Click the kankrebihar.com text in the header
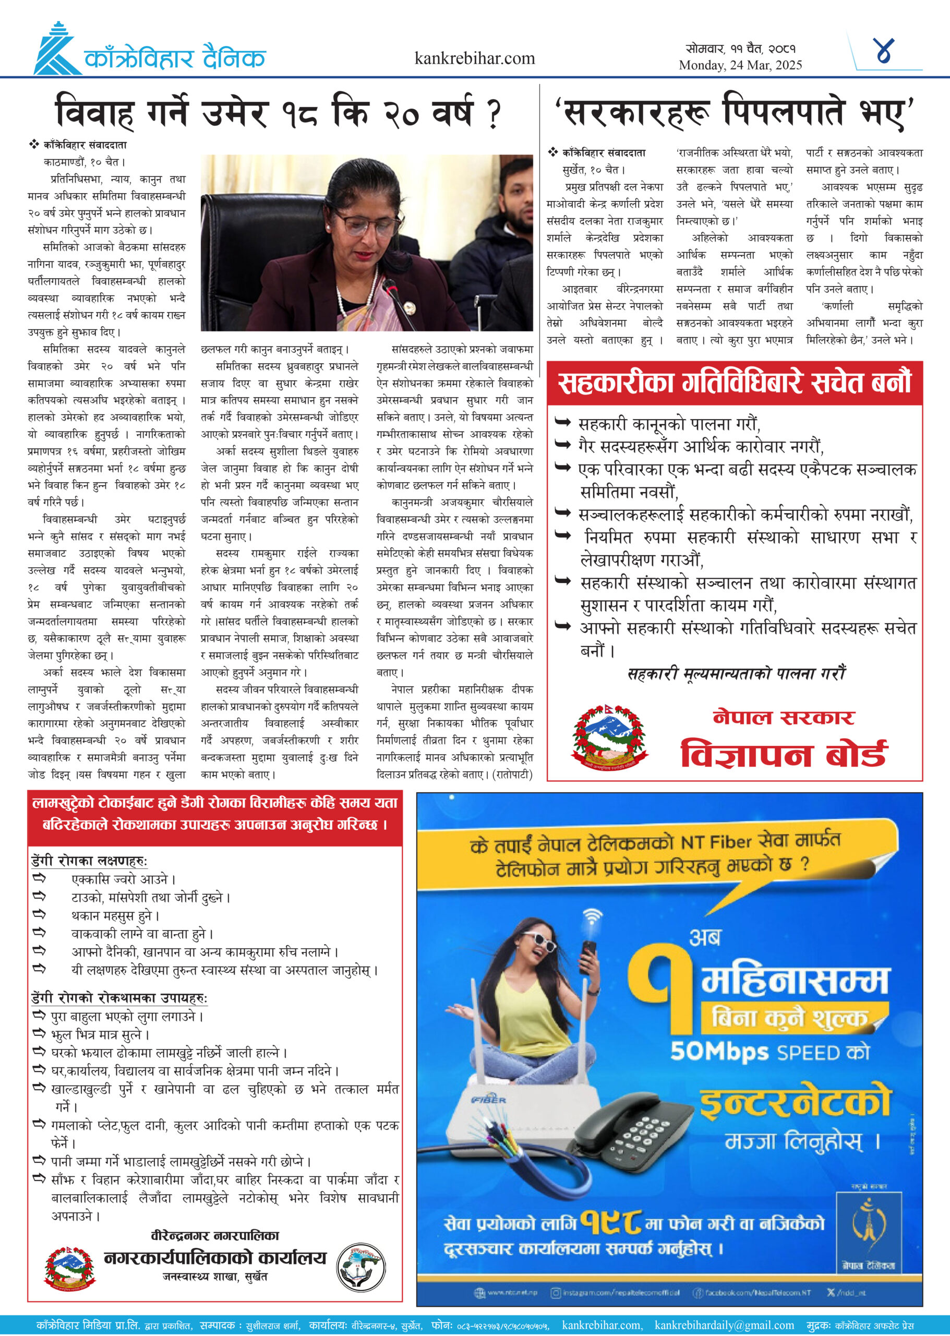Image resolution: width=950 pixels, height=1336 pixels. pyautogui.click(x=474, y=58)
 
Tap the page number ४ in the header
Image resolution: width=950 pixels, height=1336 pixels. pyautogui.click(x=883, y=52)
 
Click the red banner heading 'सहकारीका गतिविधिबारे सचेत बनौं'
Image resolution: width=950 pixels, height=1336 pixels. pyautogui.click(x=734, y=383)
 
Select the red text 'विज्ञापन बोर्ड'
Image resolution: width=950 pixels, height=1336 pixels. pyautogui.click(x=784, y=753)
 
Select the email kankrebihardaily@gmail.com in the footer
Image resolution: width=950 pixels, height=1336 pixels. pyautogui.click(x=724, y=1325)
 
